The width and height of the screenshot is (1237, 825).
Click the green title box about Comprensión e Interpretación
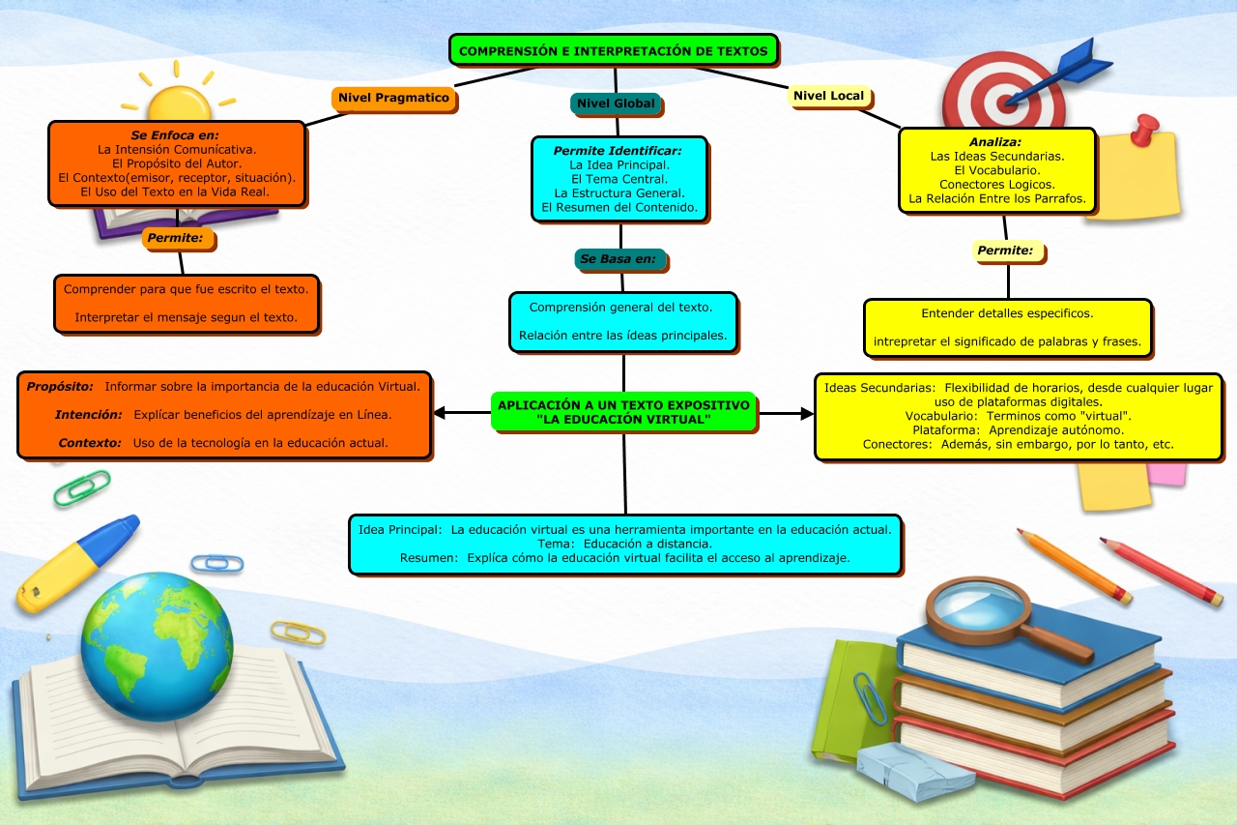tap(614, 50)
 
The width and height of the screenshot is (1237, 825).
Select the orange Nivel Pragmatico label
tap(393, 98)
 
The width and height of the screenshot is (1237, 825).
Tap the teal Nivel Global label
tap(616, 103)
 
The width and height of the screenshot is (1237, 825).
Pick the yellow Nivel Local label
tap(828, 96)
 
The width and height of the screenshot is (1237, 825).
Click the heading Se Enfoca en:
tap(175, 135)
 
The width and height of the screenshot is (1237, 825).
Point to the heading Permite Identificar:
tap(618, 151)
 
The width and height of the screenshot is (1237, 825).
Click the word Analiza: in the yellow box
tap(994, 142)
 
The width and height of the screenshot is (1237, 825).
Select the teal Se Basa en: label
tap(618, 259)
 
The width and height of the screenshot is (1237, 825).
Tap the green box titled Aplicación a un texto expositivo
tap(623, 412)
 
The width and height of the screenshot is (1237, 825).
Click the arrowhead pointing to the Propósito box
tap(439, 413)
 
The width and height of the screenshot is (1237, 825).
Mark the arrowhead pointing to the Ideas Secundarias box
tap(808, 413)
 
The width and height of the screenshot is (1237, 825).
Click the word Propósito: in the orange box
tap(60, 386)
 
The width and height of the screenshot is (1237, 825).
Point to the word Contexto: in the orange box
tap(89, 443)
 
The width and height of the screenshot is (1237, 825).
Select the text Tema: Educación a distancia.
tap(624, 544)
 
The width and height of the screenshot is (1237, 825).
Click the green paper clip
tap(81, 488)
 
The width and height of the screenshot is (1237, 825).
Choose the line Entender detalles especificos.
tap(1007, 313)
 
